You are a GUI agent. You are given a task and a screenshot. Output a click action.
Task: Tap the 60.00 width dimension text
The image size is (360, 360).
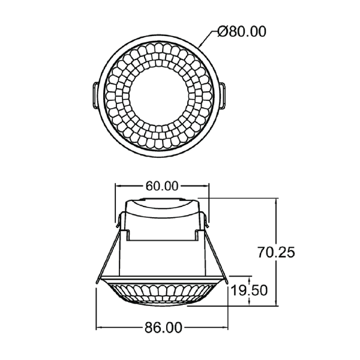162,186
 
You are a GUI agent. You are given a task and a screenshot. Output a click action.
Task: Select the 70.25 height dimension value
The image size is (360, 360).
275,253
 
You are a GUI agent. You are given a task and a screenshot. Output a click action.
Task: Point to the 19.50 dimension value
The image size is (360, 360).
249,292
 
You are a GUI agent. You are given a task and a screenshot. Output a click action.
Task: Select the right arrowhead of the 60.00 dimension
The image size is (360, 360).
206,186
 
